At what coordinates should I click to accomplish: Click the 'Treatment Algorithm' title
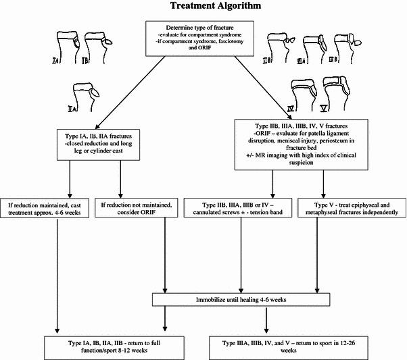point(203,7)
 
